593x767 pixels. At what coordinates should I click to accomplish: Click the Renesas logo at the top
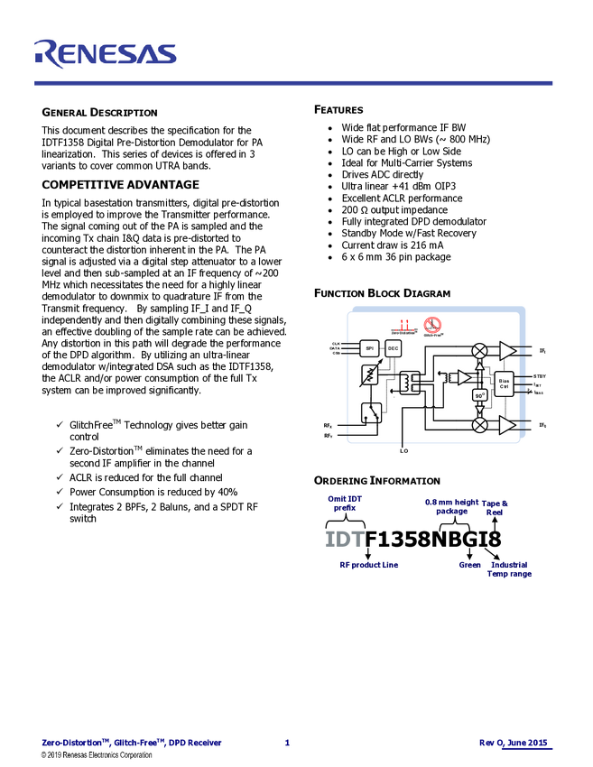tap(105, 53)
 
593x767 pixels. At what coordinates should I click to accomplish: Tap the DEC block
tap(394, 348)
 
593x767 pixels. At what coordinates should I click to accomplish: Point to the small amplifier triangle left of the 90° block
tap(463, 376)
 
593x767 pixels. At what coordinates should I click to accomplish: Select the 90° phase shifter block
tap(480, 394)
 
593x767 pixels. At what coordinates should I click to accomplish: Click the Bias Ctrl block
tap(504, 383)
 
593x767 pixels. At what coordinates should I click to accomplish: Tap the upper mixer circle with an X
tap(480, 350)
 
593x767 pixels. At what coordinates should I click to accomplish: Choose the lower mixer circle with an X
tap(480, 424)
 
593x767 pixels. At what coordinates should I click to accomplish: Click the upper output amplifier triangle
tap(507, 350)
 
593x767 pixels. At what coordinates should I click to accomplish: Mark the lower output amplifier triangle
tap(507, 424)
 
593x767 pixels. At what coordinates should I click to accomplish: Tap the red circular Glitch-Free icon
tap(433, 326)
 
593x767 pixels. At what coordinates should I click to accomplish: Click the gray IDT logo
tap(344, 540)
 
